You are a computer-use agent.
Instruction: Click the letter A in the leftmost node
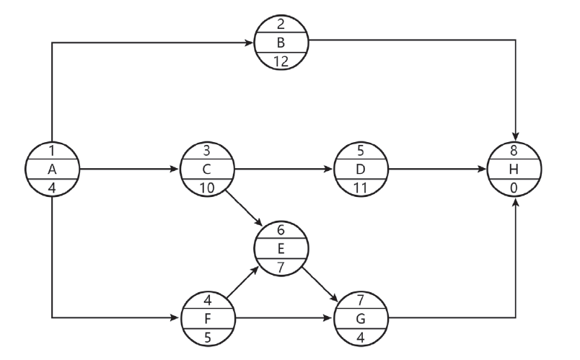point(52,170)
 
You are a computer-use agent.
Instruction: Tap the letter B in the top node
point(281,43)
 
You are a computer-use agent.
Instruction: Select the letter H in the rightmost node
point(515,170)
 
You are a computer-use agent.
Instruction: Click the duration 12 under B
point(281,61)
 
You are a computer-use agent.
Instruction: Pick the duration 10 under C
point(208,188)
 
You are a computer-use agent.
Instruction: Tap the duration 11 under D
point(361,188)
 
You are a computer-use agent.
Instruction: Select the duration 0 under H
point(515,188)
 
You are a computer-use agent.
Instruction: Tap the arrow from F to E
point(244,282)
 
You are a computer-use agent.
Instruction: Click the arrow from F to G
point(285,317)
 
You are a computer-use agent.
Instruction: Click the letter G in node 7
point(361,317)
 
